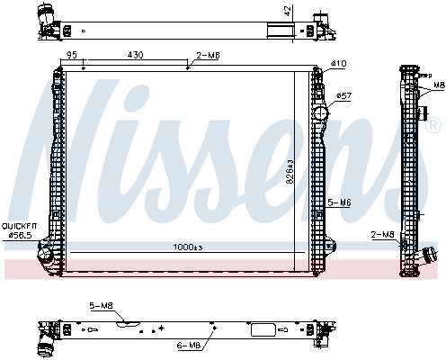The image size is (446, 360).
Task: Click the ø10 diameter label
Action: pos(338,64)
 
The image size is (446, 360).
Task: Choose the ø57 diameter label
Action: pos(343,95)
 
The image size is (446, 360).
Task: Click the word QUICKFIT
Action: pos(19,226)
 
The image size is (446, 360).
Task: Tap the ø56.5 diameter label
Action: pos(19,236)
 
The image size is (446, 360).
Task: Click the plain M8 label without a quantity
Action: pos(439,85)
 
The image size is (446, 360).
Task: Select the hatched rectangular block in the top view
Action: pos(280,25)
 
